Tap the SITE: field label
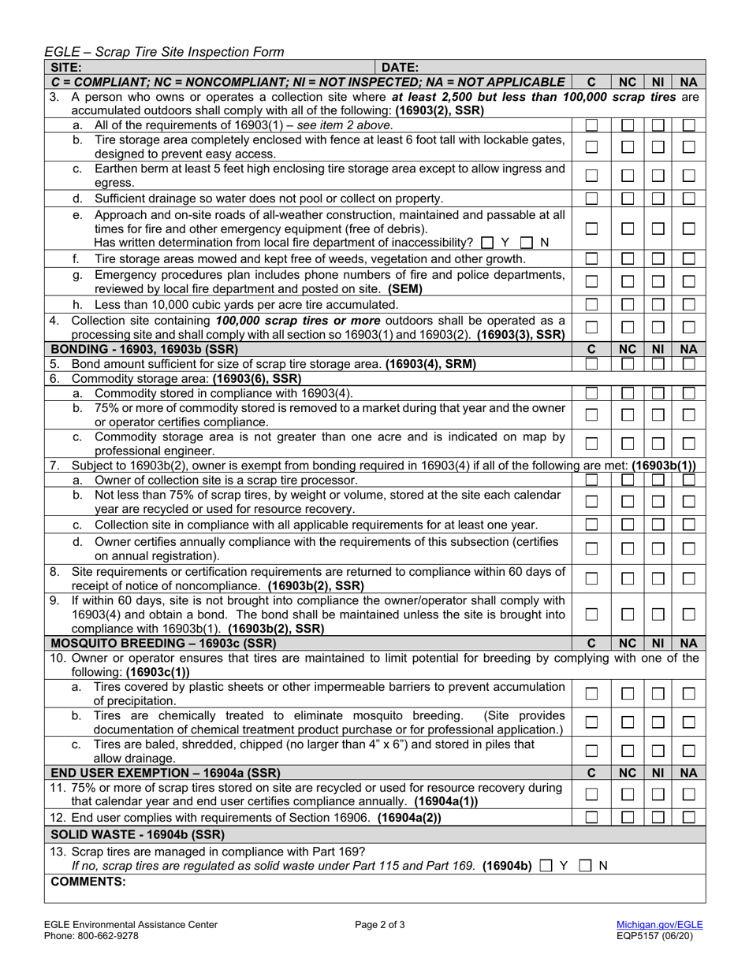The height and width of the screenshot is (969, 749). coord(65,68)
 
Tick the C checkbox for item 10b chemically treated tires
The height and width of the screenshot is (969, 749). coord(592,722)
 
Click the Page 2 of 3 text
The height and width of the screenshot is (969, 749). coord(382,925)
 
